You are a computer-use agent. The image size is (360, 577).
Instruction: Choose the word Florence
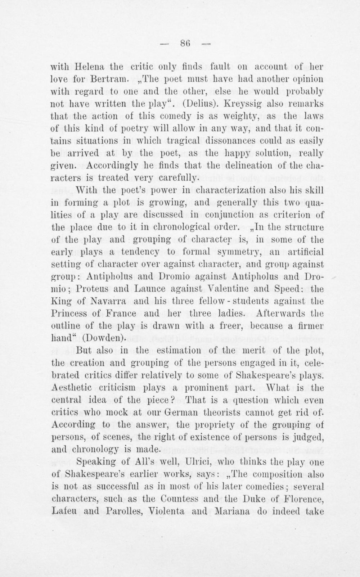tap(305, 499)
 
